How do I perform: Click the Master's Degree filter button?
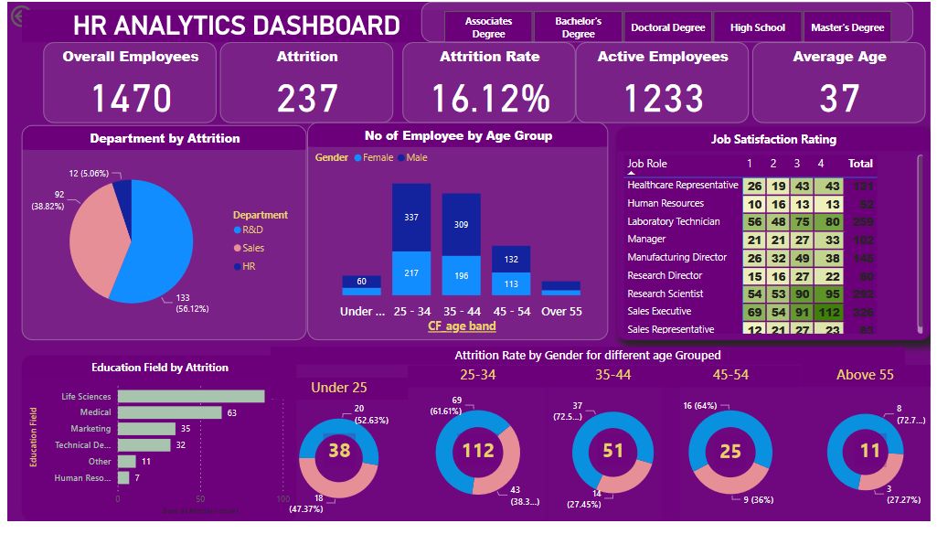847,27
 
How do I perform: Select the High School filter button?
757,27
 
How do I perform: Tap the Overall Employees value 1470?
131,98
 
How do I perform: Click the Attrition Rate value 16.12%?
490,98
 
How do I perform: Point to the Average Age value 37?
839,98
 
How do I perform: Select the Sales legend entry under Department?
253,248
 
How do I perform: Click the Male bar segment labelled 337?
411,218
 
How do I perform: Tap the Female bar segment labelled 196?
461,276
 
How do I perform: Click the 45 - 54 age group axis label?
510,311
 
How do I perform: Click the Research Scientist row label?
665,294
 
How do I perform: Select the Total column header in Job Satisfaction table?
860,164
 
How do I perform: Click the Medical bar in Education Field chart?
170,412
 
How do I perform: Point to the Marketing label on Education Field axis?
91,429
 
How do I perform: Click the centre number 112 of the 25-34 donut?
477,450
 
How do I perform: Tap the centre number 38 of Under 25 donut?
339,450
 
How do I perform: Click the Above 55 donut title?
865,375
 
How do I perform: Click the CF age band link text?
462,326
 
